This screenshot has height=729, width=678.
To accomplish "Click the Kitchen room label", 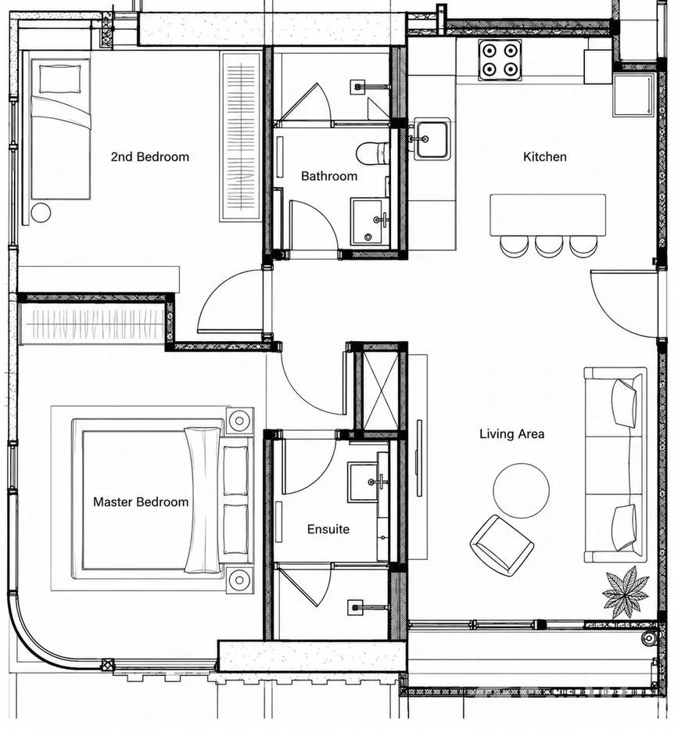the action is (x=544, y=156).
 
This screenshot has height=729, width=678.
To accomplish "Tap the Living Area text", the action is (x=511, y=434).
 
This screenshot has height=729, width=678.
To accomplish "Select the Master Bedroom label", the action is (x=141, y=501).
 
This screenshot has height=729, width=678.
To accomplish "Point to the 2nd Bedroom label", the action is (x=149, y=156).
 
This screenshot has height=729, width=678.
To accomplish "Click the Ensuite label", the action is (x=328, y=529).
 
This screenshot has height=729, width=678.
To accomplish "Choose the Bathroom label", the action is (x=329, y=176).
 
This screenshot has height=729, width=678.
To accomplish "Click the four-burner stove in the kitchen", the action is (x=500, y=59).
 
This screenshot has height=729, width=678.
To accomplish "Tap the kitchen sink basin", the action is (x=432, y=139).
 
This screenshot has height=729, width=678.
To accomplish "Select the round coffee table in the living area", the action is (x=521, y=491).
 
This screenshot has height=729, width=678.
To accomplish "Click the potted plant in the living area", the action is (x=625, y=592).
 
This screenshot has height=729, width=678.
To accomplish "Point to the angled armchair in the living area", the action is (x=501, y=545).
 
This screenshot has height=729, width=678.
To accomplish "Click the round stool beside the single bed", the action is (x=41, y=213).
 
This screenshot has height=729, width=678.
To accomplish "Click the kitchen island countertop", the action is (x=548, y=215).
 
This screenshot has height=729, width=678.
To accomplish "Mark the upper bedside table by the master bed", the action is (x=239, y=421).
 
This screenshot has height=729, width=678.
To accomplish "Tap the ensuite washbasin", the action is (x=368, y=482).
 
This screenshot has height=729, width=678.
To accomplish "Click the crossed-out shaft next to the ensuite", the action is (x=380, y=391).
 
